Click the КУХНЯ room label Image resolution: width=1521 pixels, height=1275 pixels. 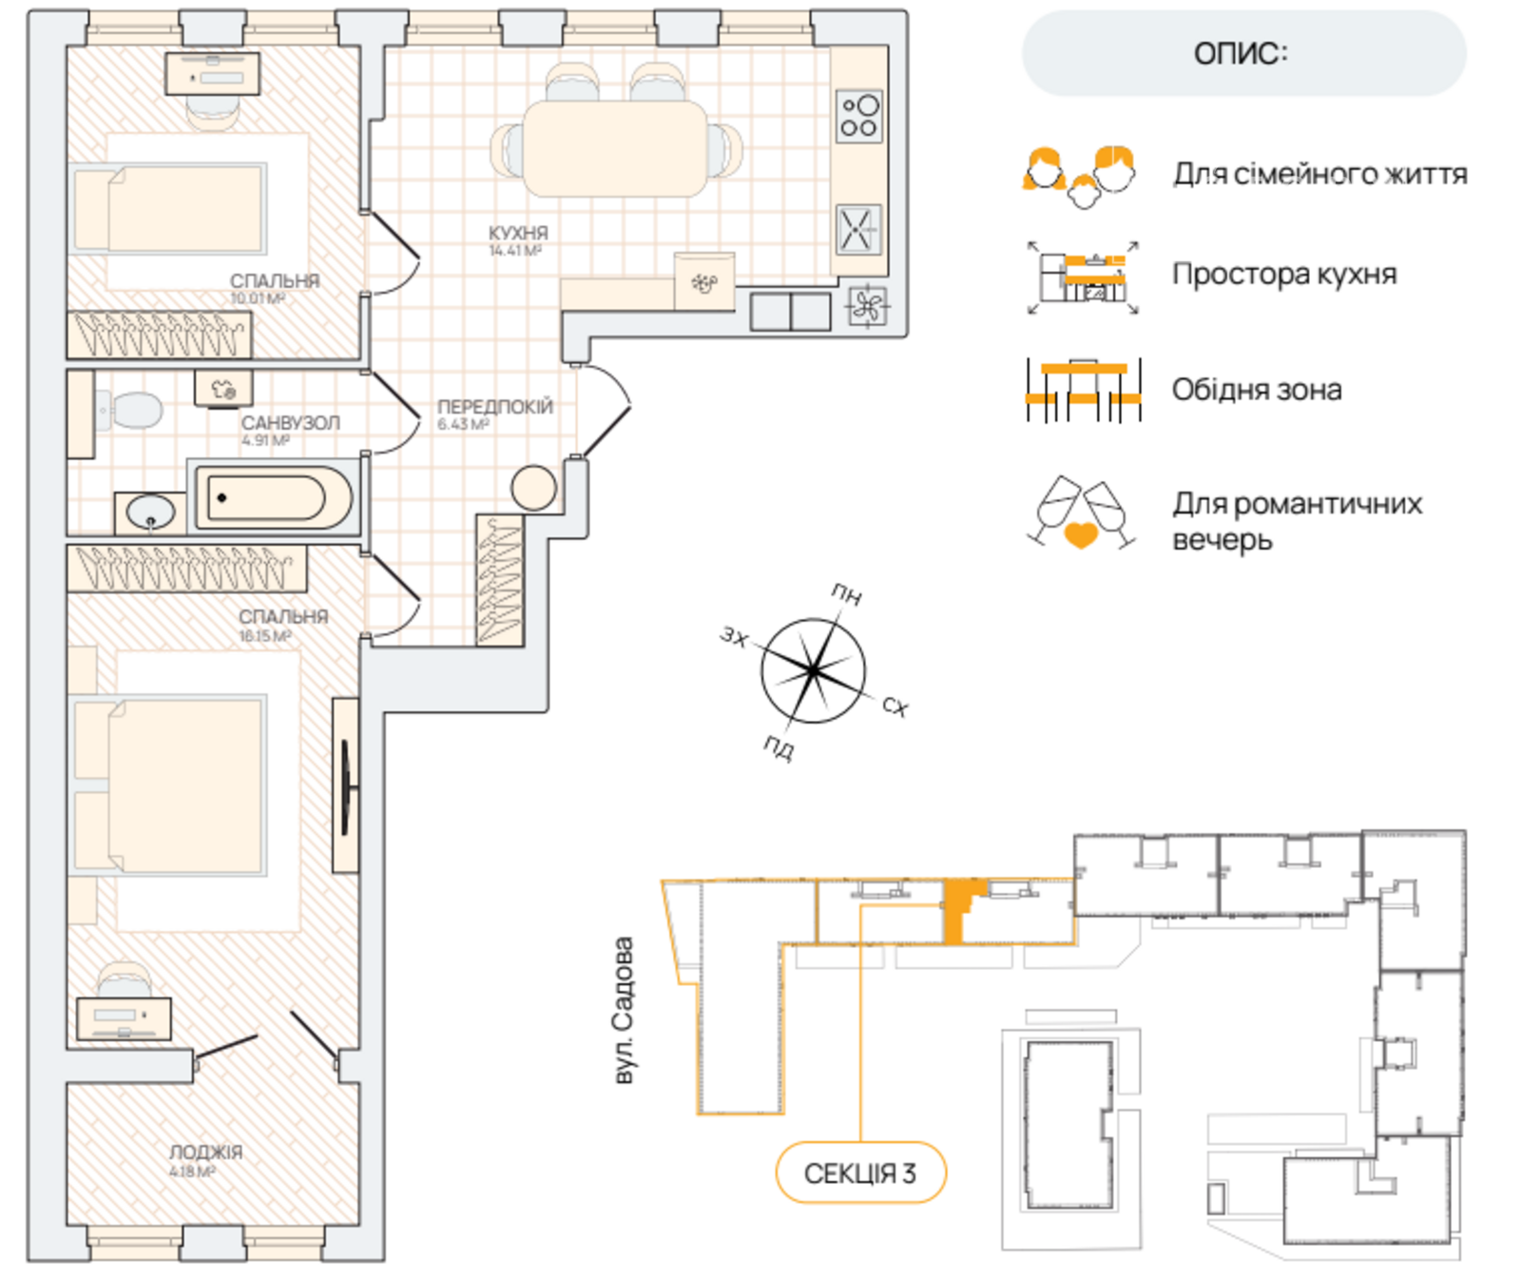point(518,233)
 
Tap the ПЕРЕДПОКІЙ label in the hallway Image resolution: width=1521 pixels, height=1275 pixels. point(494,407)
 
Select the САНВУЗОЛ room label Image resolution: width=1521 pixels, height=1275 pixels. point(290,423)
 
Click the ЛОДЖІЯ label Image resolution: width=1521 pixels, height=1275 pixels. point(206,1152)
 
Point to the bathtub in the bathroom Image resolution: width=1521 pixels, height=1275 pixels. point(274,497)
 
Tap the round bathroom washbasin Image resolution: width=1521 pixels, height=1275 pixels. point(151,512)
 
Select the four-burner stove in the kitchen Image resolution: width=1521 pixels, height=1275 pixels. point(859,116)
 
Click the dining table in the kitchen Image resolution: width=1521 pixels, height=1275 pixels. point(615,148)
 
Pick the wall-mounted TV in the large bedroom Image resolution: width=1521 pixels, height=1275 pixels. point(346,785)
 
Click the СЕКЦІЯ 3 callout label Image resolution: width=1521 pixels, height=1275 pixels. point(860,1173)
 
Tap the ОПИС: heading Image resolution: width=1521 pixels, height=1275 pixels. point(1242,53)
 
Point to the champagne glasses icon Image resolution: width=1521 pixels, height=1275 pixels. point(1082,513)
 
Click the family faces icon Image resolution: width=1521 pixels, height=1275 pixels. point(1080,176)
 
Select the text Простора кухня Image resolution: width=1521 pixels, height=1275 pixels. point(1284,274)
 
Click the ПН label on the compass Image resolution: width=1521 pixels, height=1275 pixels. point(846,595)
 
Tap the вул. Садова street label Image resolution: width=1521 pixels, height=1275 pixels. point(624,1011)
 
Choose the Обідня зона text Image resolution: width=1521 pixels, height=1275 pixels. point(1257,390)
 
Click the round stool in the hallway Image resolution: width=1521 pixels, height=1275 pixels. point(533,488)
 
